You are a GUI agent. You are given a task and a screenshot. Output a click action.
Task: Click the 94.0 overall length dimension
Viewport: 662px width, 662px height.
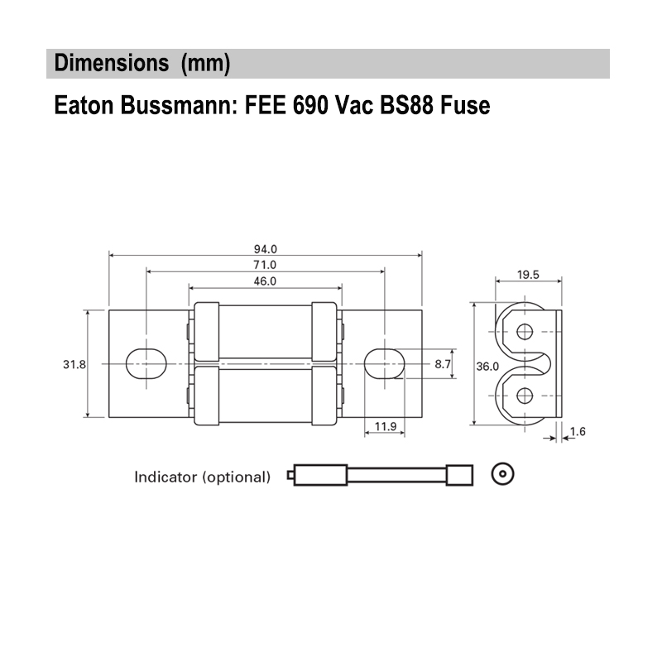pos(265,248)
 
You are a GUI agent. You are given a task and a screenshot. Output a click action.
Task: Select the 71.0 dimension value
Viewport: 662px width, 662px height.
pos(265,265)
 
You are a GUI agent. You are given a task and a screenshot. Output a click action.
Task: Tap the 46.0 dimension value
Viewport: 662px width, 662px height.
pos(265,281)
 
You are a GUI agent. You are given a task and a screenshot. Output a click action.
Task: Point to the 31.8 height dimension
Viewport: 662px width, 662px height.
pos(74,364)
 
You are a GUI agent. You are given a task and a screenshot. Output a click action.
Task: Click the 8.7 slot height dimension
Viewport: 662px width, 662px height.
pos(443,364)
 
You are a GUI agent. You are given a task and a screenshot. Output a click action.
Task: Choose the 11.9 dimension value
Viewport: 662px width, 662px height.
pos(385,427)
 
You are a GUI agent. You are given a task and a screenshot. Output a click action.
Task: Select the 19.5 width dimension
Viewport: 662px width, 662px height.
pos(528,275)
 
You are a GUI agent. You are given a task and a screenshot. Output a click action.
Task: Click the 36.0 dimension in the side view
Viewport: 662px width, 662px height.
pos(488,366)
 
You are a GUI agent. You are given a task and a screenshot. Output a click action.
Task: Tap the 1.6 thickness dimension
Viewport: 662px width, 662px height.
pos(577,431)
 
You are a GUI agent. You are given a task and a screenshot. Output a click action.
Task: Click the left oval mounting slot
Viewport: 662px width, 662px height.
pos(146,363)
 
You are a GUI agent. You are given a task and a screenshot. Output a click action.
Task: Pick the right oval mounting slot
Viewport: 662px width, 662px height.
pos(383,363)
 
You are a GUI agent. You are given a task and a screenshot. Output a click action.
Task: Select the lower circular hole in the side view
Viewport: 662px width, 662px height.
pos(523,396)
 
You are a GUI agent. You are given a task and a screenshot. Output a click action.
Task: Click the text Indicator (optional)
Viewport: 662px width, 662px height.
pos(203,477)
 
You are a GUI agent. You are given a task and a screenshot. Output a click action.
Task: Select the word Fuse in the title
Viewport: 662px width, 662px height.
pos(464,106)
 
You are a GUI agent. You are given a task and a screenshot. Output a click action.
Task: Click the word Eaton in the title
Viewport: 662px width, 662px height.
pos(79,106)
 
